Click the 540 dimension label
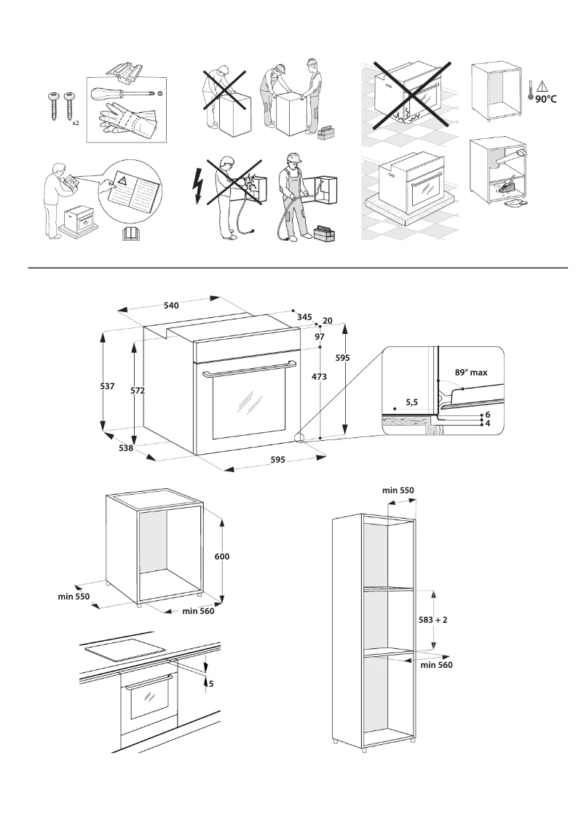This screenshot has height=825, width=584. pos(171,306)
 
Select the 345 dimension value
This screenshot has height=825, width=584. pos(304,317)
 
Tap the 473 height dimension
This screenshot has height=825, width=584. pos(317,377)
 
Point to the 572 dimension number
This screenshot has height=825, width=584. pos(138,391)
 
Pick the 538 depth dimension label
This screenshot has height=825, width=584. pos(126,448)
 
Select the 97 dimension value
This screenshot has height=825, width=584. pos(320,337)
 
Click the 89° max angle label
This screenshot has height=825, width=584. pos(470,372)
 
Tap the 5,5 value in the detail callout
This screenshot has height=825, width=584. pos(411,402)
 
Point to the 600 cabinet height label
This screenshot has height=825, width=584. pos(222,556)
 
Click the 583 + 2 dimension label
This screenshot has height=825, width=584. pos(433,620)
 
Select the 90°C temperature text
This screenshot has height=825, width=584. pos(542,98)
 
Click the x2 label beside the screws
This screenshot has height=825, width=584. pos(76,123)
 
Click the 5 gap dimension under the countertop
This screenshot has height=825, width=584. pos(211,684)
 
